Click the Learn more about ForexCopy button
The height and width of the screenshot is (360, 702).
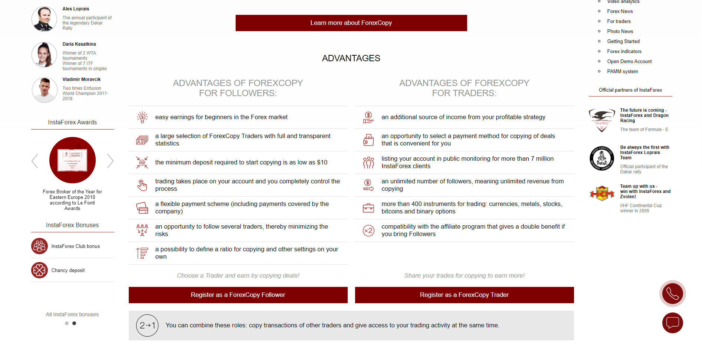(x=351, y=23)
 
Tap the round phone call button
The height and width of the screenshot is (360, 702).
(x=672, y=294)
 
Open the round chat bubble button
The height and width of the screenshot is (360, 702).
(x=672, y=323)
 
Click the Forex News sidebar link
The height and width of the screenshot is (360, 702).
(x=620, y=12)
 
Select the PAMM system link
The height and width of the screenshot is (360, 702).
(x=622, y=72)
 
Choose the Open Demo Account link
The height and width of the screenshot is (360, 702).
(x=629, y=62)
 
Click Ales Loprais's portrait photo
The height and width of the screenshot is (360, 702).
(x=44, y=19)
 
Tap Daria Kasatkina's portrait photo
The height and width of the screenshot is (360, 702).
(x=44, y=55)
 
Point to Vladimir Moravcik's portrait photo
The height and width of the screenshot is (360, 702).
(x=44, y=90)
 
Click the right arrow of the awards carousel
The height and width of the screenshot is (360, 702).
(x=110, y=161)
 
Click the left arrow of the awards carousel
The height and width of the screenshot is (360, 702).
(x=35, y=161)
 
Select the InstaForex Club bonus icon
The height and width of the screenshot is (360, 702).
(x=39, y=246)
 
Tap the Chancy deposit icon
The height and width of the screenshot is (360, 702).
(x=39, y=270)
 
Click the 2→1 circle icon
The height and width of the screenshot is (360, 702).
(x=147, y=325)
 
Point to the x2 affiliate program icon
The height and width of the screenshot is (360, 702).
(x=368, y=230)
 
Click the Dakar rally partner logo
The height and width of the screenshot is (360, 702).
(x=601, y=158)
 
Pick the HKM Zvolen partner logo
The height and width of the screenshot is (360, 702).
(x=601, y=193)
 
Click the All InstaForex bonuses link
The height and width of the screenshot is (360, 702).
(x=72, y=314)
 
